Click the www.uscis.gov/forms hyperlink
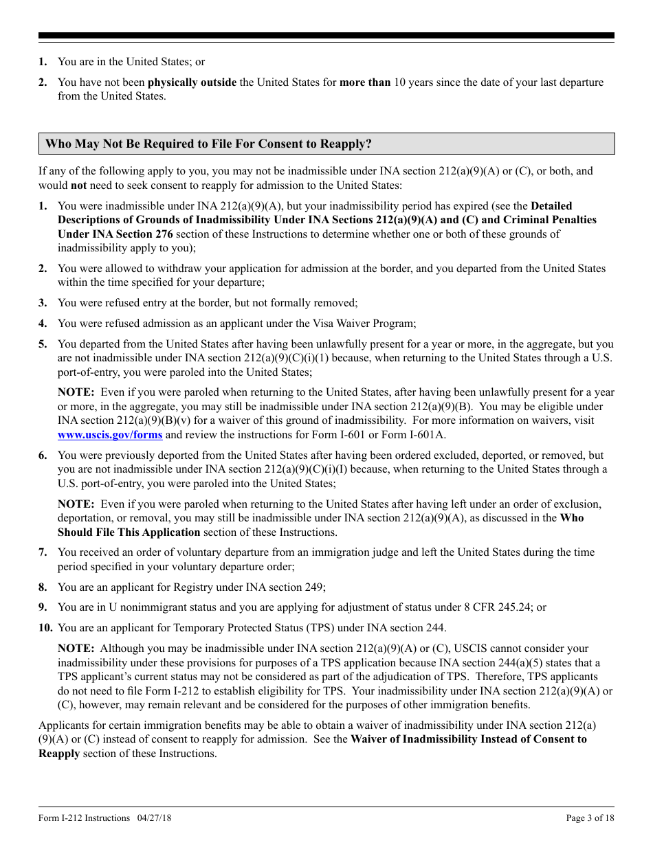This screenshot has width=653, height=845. tap(110, 434)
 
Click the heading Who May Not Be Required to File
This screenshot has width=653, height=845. tap(208, 144)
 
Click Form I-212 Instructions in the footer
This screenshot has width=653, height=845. tap(84, 818)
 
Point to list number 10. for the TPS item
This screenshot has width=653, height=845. tap(45, 627)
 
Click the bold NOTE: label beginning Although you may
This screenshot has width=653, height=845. tap(76, 649)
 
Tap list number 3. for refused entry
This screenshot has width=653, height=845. tap(43, 303)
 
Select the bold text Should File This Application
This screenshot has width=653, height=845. tap(129, 532)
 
